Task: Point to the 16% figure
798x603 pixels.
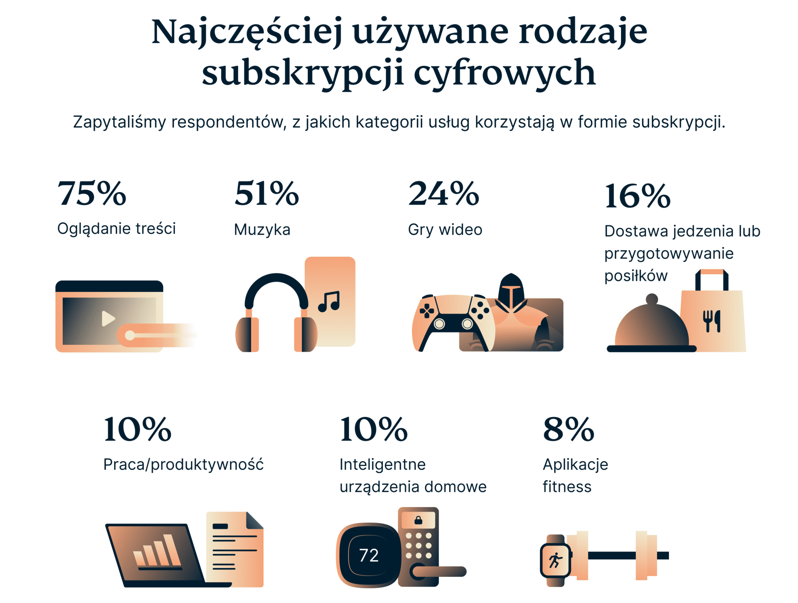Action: click(x=637, y=196)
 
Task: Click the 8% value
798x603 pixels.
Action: click(x=568, y=429)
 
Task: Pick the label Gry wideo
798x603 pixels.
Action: click(x=445, y=230)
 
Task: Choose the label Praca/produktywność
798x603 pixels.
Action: click(x=183, y=464)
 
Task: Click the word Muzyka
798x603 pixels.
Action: click(x=262, y=230)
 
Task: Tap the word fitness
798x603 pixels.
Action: click(x=567, y=486)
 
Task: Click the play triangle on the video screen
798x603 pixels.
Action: click(x=108, y=318)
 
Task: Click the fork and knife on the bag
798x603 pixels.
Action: click(x=711, y=321)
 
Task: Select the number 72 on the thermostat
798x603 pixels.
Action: click(x=369, y=555)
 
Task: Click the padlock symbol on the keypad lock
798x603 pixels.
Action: click(x=418, y=520)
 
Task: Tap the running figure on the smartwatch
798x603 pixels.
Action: click(x=555, y=560)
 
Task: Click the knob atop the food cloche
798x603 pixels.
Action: click(x=651, y=299)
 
